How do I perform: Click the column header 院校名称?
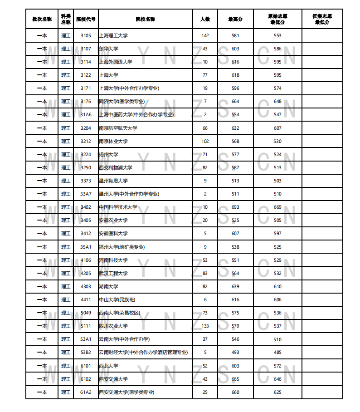tap(145, 19)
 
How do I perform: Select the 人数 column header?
tap(205, 19)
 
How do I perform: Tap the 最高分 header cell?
tap(235, 19)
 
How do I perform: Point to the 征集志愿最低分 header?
tap(322, 19)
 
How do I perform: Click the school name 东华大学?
tap(108, 49)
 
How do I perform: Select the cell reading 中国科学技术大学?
tap(118, 207)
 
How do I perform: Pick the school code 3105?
tap(86, 35)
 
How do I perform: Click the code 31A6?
tap(86, 114)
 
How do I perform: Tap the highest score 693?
tap(235, 207)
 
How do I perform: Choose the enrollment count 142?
tap(205, 35)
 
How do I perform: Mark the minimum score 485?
tap(277, 352)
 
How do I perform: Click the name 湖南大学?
tap(108, 286)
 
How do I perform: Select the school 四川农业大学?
tap(113, 326)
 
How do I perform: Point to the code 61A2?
tap(86, 392)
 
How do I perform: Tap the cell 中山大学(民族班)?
tap(117, 299)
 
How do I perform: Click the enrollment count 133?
tap(205, 326)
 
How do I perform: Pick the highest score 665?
tap(235, 379)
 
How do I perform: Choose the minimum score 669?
tap(277, 207)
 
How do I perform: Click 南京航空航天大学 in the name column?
tap(118, 128)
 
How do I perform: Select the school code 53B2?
tap(86, 352)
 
